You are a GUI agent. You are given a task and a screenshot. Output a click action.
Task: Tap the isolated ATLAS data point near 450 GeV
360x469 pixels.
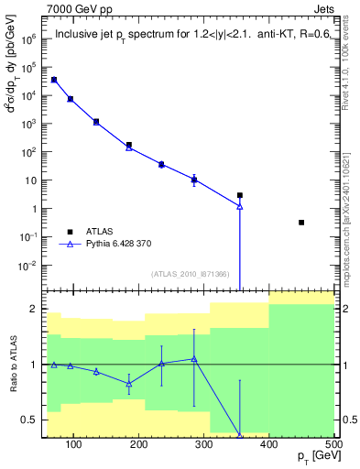301,223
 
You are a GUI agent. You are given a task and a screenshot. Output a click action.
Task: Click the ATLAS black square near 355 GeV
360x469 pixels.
240,195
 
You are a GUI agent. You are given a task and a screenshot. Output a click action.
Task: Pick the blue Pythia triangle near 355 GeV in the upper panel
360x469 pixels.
240,206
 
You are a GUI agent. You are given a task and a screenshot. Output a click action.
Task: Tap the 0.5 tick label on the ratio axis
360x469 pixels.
29,420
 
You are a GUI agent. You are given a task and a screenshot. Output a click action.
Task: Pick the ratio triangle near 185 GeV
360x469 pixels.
129,383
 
